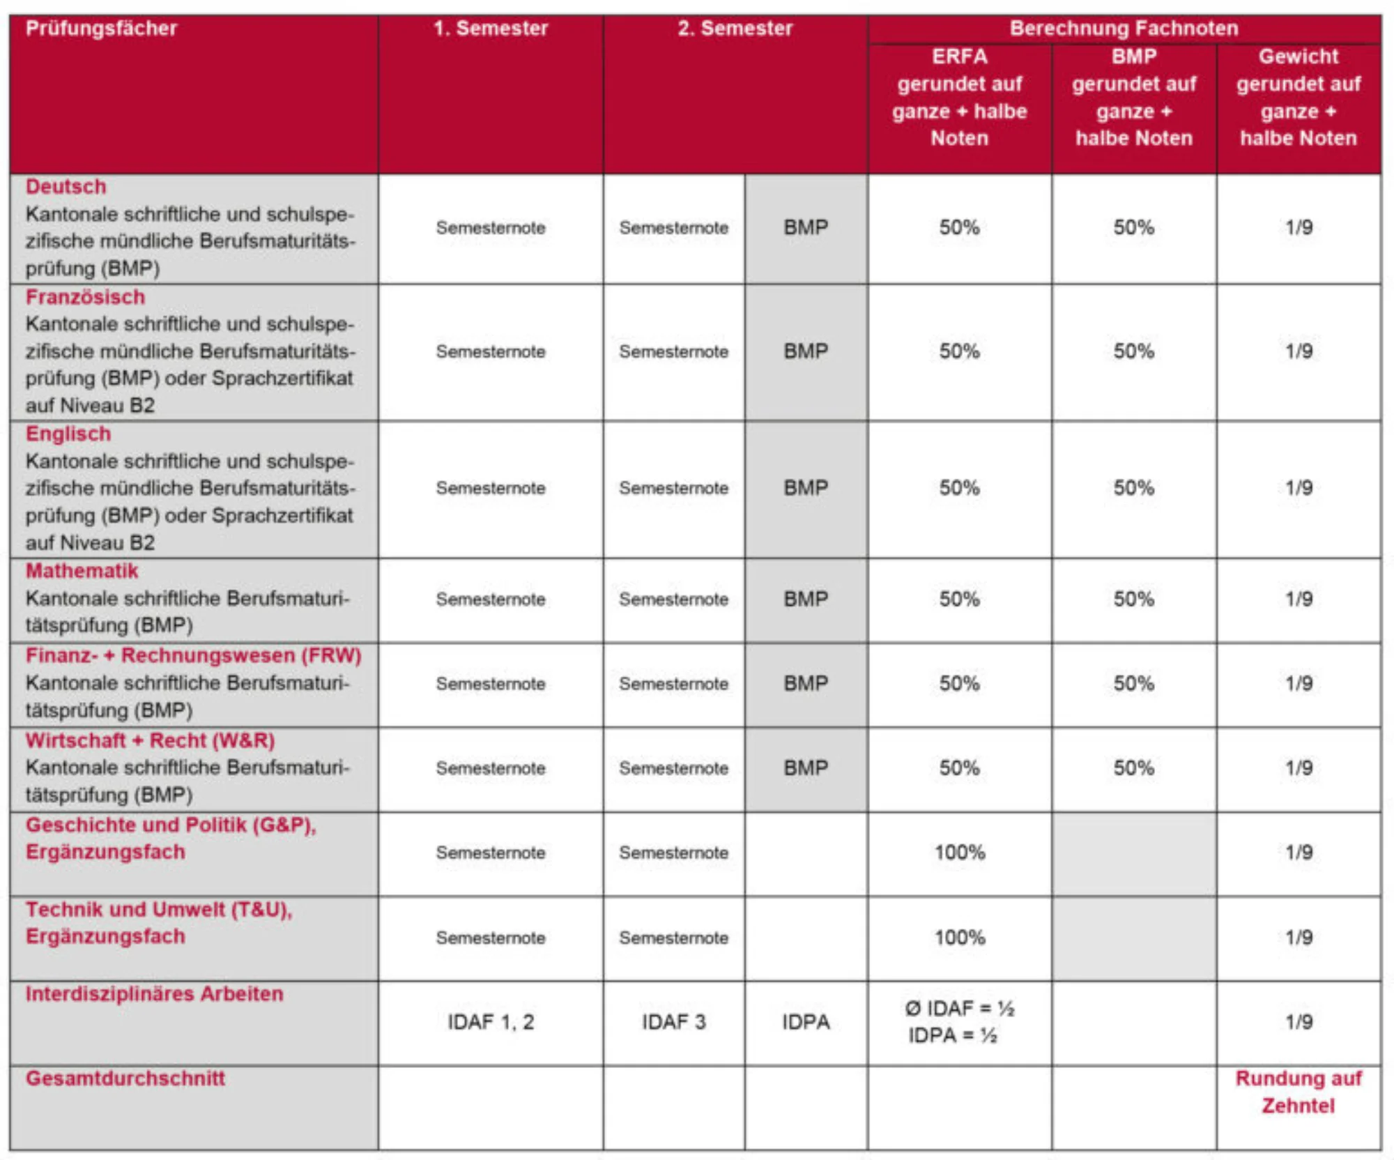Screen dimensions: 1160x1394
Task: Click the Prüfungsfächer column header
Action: tap(101, 29)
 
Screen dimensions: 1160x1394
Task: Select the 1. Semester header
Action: tap(491, 29)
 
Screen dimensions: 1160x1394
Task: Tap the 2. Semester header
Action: tap(735, 29)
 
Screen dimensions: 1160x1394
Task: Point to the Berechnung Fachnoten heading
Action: tap(1124, 29)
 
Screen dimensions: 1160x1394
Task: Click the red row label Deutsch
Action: tap(66, 187)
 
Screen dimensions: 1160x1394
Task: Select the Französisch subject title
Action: tap(85, 297)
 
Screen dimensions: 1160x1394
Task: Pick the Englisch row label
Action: tap(68, 434)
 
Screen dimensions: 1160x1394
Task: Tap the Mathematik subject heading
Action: tap(82, 571)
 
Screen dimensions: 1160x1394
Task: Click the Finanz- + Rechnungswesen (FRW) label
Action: tap(193, 655)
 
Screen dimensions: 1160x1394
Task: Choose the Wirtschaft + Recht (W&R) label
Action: tap(150, 740)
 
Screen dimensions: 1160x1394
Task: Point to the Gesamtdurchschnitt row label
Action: tap(125, 1078)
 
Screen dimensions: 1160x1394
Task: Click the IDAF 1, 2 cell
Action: tap(491, 1022)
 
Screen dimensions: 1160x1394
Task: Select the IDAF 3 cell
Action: tap(673, 1022)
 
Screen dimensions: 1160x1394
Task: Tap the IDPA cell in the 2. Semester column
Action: tap(806, 1022)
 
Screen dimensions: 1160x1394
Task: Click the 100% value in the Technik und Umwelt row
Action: tap(960, 938)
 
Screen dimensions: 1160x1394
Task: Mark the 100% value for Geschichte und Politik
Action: tap(960, 853)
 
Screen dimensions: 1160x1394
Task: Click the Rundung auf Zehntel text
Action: tap(1298, 1092)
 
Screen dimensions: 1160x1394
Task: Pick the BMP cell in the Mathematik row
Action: tap(806, 599)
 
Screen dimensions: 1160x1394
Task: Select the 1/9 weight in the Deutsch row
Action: tap(1299, 227)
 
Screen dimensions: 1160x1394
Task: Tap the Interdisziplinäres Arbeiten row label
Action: tap(154, 993)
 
